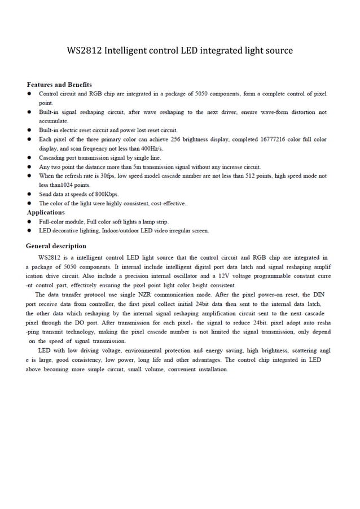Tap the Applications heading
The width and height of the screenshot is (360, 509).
(46, 212)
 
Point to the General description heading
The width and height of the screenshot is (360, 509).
(56, 246)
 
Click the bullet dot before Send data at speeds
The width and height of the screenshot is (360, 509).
(29, 194)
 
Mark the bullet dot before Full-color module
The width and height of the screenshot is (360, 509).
(29, 222)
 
